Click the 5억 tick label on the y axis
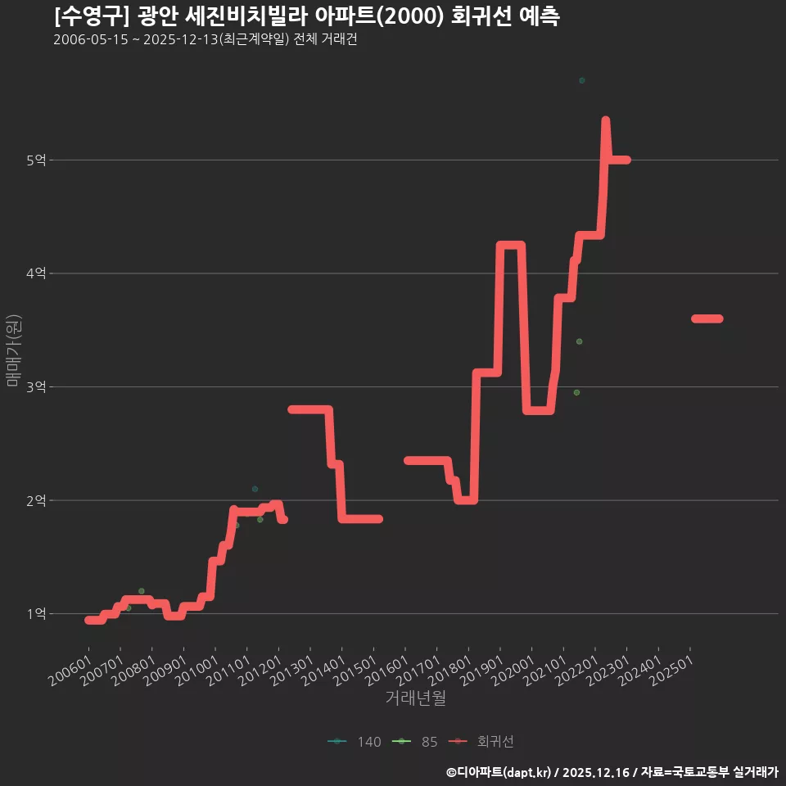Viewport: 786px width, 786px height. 36,160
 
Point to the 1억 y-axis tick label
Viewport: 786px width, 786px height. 36,613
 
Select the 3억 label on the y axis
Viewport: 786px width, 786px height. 36,387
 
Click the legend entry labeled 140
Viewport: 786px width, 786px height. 355,742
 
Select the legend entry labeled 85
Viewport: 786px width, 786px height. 414,742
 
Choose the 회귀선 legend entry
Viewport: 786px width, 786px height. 481,742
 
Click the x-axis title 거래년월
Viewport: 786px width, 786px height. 416,698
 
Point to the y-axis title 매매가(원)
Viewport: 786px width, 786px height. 13,350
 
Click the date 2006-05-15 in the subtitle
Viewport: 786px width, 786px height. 91,39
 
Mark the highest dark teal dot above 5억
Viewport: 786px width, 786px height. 581,81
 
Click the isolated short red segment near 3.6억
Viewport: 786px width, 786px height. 707,318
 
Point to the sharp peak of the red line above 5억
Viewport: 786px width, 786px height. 606,120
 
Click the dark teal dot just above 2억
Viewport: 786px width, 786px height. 255,489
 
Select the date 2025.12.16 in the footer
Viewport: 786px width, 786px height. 595,772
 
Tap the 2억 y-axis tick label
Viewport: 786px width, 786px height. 36,500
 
